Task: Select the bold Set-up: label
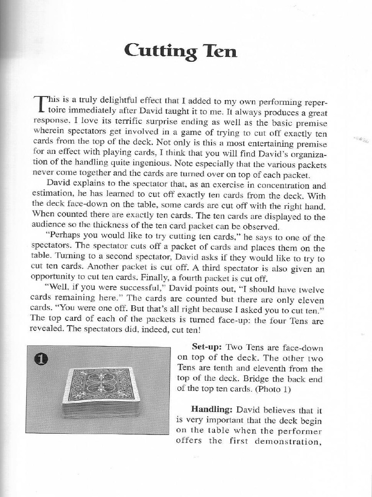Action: click(207, 347)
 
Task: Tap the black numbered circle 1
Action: click(42, 360)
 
